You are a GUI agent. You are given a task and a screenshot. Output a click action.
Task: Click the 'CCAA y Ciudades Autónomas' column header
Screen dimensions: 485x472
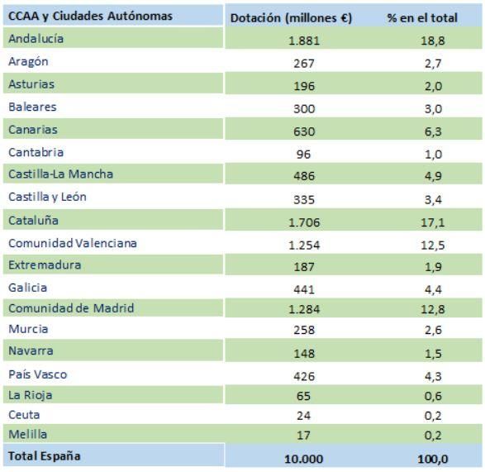tap(90, 16)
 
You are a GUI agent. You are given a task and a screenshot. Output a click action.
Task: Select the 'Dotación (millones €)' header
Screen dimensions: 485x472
tap(291, 18)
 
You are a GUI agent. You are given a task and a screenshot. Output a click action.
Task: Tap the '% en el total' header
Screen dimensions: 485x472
tap(422, 18)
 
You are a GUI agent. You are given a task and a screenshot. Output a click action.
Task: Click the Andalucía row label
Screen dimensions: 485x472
tap(36, 39)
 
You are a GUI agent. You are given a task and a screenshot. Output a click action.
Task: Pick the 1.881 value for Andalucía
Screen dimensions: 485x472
tap(304, 41)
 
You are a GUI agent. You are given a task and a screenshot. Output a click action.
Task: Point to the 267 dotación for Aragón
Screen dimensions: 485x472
tap(304, 64)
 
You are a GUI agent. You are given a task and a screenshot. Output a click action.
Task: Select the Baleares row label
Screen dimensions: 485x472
tap(32, 107)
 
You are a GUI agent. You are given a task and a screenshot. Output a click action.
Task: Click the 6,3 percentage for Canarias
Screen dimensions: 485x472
tap(433, 131)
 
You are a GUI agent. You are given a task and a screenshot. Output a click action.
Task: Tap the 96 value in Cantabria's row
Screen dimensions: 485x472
tap(303, 154)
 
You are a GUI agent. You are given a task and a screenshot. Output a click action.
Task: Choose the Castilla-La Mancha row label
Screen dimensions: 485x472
tap(60, 174)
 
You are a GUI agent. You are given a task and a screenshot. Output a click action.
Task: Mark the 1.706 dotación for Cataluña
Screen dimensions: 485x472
tap(304, 222)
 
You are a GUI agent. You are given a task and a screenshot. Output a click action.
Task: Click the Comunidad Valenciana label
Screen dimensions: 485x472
tap(73, 243)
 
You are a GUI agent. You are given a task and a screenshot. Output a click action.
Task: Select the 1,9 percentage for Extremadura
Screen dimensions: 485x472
tap(433, 267)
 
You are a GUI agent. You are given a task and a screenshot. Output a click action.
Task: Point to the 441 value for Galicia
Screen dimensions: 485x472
tap(304, 289)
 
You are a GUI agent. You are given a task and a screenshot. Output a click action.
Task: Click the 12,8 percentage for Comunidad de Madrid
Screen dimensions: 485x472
tap(433, 309)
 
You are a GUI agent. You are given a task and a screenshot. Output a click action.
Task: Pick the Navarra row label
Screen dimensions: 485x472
tap(31, 350)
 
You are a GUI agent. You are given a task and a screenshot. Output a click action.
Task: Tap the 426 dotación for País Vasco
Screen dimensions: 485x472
tap(304, 376)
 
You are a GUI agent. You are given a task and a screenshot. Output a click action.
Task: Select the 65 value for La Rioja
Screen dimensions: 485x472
tap(303, 396)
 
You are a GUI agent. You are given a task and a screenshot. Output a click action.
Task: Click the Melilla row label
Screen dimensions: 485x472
tap(28, 434)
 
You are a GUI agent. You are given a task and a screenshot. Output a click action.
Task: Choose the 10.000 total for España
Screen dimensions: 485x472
tap(304, 459)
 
